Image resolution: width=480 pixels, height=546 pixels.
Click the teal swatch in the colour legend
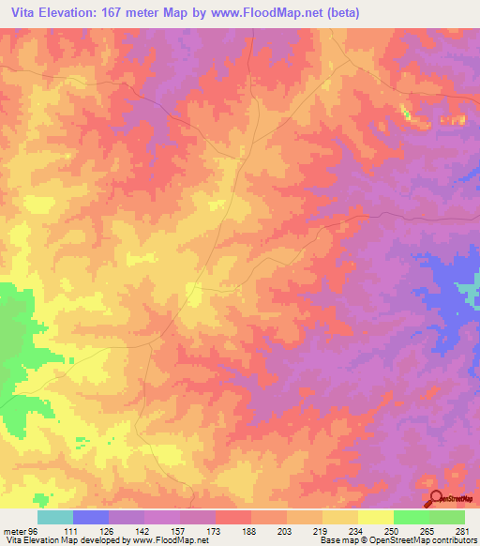[x=55, y=517]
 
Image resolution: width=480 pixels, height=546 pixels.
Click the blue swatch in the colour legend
[x=91, y=517]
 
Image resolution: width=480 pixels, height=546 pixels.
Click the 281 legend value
[x=460, y=531]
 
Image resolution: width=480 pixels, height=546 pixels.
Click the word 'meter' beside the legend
[x=12, y=531]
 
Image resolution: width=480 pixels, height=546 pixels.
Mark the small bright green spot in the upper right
[x=406, y=113]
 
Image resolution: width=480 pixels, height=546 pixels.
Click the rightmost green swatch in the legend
[x=447, y=517]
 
